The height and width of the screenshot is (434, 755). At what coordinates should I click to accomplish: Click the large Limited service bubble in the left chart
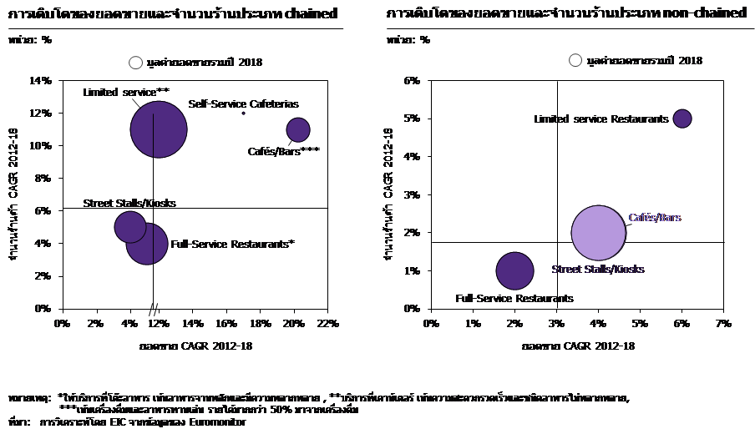click(159, 129)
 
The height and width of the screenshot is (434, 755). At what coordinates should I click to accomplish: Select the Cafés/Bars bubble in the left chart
click(298, 130)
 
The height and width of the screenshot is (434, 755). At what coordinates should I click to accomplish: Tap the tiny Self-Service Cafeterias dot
click(244, 114)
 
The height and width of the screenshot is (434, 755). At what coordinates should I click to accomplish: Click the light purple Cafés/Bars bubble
click(598, 233)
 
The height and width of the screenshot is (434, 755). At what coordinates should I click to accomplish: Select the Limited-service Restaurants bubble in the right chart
click(682, 119)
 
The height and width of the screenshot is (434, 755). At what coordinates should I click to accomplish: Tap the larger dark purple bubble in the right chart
click(514, 270)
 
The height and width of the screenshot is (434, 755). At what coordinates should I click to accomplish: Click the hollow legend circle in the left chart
click(136, 63)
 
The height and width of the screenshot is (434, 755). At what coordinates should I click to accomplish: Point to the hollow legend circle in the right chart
click(575, 60)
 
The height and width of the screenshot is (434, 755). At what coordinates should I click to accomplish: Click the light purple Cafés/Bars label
click(655, 218)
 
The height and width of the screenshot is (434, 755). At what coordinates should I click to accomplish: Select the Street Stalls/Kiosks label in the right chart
click(598, 270)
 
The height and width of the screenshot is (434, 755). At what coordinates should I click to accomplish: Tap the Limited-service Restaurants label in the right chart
click(601, 119)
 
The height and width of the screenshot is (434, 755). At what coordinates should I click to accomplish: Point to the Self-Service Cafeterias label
click(242, 103)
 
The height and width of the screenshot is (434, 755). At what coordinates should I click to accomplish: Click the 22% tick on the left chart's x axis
click(327, 323)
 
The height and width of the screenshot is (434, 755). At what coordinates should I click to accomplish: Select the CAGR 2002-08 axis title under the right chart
click(598, 345)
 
